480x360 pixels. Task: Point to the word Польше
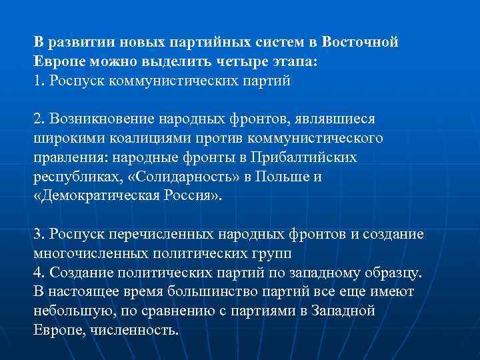pyautogui.click(x=273, y=177)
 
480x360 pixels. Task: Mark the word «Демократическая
pyautogui.click(x=95, y=197)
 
